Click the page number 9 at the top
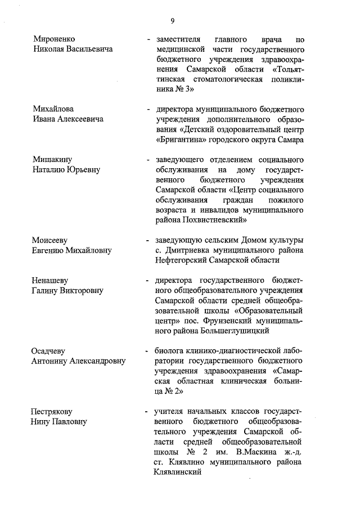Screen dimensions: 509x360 coord(173,21)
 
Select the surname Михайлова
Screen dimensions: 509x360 coord(53,109)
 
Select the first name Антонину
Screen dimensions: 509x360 coord(52,361)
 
